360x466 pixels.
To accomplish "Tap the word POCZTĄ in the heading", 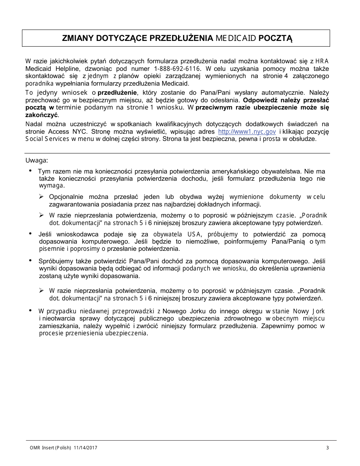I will coord(276,38).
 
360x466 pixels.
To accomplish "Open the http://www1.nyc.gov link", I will coord(247,131).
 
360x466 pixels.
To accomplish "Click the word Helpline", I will coord(67,69).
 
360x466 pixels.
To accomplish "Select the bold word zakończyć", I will coord(42,115).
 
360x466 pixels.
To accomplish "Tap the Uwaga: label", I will coord(36,160).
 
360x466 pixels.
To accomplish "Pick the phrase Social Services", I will coord(47,139).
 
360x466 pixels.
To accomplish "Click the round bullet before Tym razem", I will coord(30,171).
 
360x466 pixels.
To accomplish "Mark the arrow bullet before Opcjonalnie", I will coord(41,197).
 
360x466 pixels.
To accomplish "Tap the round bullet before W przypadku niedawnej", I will coord(30,311).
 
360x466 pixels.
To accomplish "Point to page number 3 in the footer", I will coord(327,448).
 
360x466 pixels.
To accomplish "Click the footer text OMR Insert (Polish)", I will coord(50,448).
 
